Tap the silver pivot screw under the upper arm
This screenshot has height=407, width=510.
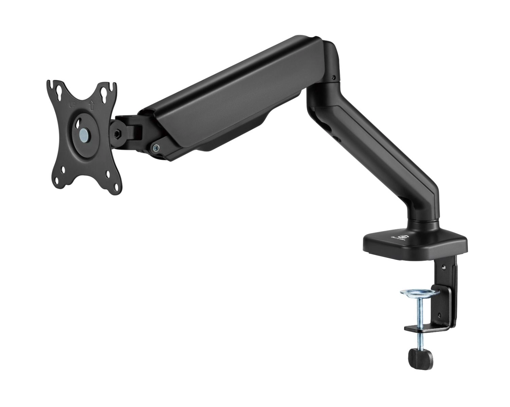[156, 147]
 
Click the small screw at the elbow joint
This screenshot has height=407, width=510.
[334, 78]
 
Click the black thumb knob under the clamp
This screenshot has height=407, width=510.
[420, 357]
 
